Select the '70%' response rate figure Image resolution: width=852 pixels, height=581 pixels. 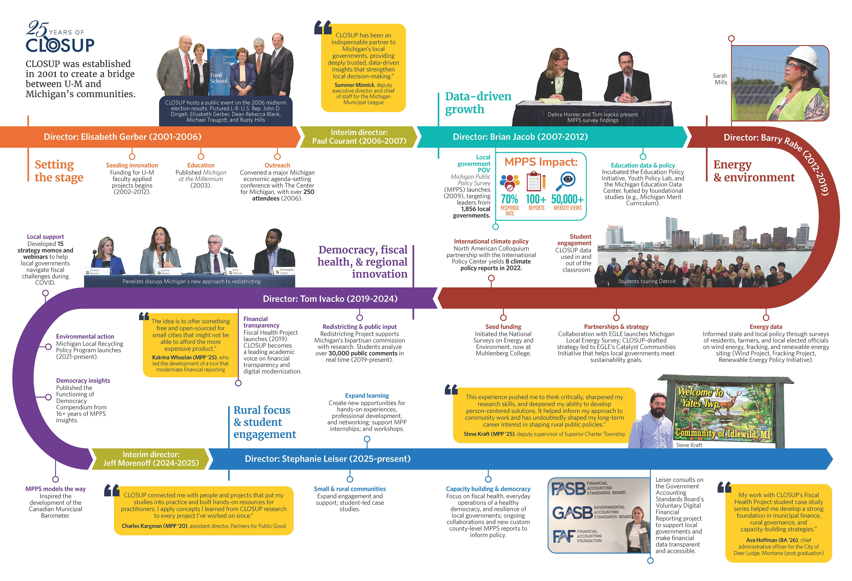(509, 199)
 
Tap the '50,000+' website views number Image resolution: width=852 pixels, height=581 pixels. (567, 199)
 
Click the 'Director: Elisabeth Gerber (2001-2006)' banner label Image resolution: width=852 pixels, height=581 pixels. (122, 137)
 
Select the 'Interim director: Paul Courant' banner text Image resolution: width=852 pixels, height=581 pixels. (359, 137)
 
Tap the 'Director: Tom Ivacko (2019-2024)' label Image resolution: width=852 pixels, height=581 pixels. (330, 298)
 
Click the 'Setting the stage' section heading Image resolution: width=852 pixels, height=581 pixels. (59, 171)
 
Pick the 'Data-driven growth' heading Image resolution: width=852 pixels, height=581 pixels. (478, 103)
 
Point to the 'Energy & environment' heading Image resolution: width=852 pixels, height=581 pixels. (753, 171)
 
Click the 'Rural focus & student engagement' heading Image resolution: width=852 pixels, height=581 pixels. (265, 422)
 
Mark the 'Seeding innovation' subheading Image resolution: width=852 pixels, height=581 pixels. (132, 165)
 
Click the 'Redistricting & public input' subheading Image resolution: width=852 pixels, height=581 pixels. (359, 326)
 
